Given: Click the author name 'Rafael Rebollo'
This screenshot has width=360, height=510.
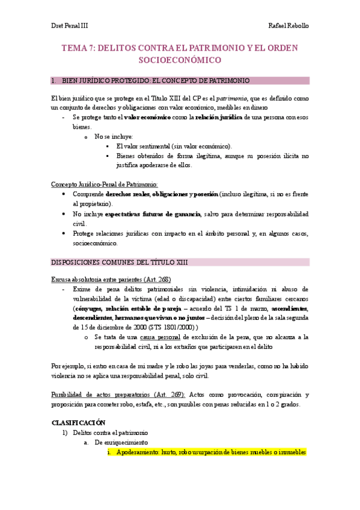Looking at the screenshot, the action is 288,26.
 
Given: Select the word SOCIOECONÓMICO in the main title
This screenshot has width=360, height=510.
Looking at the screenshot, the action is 180,60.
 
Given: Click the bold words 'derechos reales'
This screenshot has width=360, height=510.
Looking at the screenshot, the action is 127,195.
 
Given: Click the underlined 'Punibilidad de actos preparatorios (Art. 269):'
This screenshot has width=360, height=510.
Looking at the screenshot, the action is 118,395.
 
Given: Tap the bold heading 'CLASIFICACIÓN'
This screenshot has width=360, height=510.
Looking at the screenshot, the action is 78,422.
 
